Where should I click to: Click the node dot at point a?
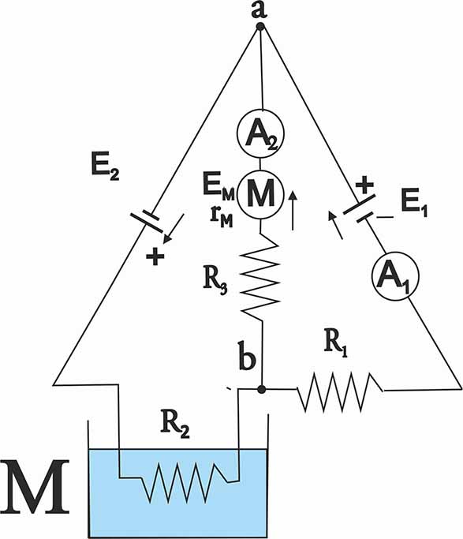click(260, 27)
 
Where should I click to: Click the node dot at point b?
click(262, 389)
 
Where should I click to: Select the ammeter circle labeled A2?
click(261, 133)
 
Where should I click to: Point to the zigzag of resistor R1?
click(340, 391)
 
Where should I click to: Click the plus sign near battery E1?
click(364, 185)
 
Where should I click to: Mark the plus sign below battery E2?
click(155, 256)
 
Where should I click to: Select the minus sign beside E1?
click(385, 217)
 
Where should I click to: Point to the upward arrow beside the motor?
click(293, 211)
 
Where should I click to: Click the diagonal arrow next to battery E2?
click(174, 229)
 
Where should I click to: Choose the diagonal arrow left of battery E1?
click(335, 225)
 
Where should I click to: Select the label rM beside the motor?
click(222, 219)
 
